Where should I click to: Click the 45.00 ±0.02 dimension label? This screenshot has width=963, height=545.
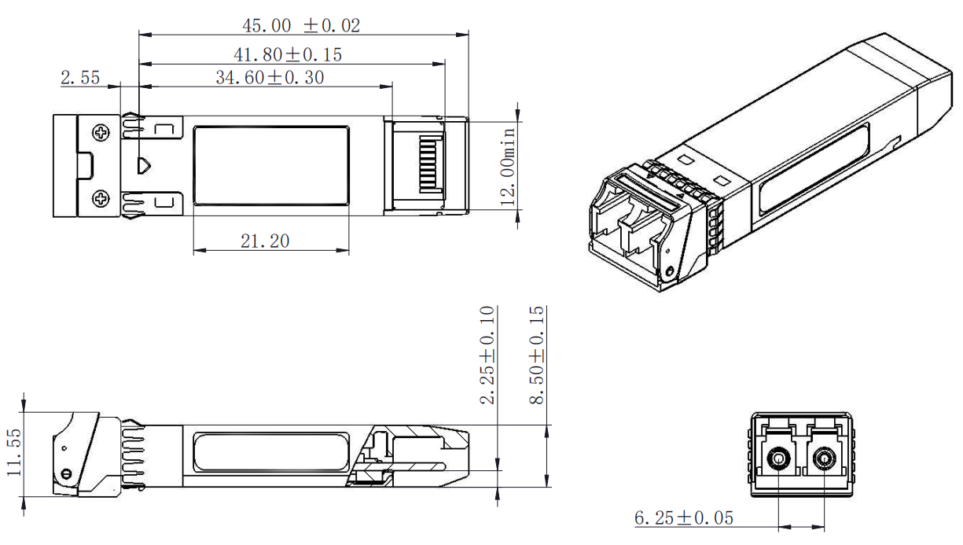pos(300,25)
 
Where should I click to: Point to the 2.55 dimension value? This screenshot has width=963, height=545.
pos(80,77)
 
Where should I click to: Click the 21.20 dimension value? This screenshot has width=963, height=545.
pos(265,241)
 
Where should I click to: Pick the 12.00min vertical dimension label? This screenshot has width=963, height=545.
pos(509,166)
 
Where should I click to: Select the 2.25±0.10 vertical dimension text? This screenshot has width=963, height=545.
pos(488,355)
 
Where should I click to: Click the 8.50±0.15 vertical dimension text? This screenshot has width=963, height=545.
pos(536,355)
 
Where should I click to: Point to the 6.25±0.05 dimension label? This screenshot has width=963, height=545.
pos(683,518)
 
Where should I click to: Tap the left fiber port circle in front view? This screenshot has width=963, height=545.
pos(779,457)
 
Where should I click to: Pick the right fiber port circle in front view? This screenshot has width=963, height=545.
pos(824,457)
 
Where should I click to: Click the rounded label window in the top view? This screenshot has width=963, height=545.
pos(271,166)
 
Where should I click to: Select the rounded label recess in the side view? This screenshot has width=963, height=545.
pos(270,452)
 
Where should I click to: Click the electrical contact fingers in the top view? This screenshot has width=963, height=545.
pos(429,166)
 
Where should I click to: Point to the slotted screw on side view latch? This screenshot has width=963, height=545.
pos(66,473)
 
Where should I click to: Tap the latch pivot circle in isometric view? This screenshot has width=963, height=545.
pos(669,273)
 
